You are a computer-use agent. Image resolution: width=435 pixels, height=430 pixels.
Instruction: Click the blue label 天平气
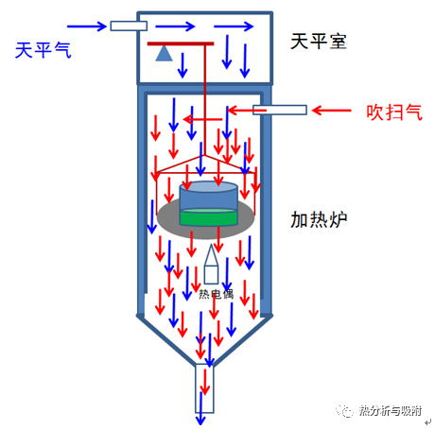click(x=43, y=50)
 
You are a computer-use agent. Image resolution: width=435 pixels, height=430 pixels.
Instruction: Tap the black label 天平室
click(x=319, y=42)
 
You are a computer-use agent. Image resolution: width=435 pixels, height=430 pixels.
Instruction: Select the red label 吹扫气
click(x=394, y=112)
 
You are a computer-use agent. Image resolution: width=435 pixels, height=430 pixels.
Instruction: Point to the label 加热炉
click(x=319, y=219)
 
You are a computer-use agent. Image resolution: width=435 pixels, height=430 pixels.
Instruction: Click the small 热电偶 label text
click(x=217, y=294)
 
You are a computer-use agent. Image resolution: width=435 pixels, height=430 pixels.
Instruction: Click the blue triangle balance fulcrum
click(x=164, y=53)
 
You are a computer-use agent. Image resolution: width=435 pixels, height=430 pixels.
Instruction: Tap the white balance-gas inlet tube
click(x=129, y=26)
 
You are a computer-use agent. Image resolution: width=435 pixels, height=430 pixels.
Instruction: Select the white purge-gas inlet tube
click(x=280, y=110)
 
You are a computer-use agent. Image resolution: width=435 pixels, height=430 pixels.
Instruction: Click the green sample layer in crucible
click(x=208, y=217)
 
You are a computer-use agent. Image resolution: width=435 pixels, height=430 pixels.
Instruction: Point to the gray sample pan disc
click(x=206, y=218)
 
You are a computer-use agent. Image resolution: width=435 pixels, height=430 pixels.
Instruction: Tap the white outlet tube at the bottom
click(x=204, y=388)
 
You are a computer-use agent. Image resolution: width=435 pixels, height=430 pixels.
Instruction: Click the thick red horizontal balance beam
click(x=181, y=43)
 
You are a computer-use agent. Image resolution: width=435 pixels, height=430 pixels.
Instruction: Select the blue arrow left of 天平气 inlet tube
click(x=87, y=26)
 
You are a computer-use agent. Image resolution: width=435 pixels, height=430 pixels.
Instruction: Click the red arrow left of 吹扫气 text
click(x=331, y=111)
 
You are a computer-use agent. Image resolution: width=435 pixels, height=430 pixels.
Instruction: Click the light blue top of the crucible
click(x=208, y=187)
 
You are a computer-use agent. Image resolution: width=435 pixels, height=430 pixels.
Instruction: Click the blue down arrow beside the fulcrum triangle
click(x=183, y=65)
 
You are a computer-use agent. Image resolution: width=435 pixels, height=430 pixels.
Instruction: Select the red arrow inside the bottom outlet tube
click(x=205, y=382)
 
